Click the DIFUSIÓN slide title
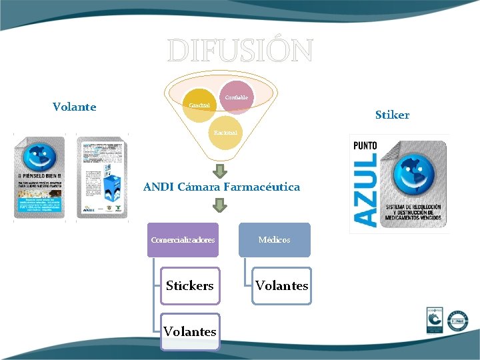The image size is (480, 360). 240,51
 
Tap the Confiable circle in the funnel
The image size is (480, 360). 235,97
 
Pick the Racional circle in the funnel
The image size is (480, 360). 225,133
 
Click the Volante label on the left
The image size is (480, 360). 74,107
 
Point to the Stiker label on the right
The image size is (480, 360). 392,115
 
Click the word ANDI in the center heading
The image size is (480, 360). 159,187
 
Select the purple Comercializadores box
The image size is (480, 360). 183,239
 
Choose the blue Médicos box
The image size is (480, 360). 274,239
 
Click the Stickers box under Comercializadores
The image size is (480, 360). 190,285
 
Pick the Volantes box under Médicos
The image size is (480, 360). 282,285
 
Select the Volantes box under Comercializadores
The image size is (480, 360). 190,331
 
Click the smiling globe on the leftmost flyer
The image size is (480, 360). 38,158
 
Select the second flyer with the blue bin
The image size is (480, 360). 101,177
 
